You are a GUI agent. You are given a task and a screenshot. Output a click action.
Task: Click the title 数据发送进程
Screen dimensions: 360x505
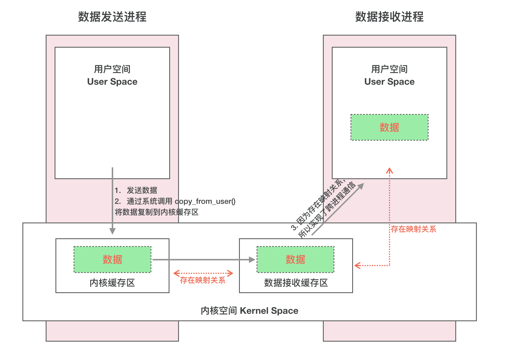point(112,17)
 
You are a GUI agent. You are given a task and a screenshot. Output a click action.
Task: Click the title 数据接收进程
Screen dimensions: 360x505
point(389,17)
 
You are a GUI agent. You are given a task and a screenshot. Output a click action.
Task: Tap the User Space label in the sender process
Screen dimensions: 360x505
point(112,82)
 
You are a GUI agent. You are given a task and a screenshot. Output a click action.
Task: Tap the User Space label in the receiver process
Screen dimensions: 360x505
point(389,82)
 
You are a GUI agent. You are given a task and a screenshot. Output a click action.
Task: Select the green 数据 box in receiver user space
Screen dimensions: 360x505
point(389,127)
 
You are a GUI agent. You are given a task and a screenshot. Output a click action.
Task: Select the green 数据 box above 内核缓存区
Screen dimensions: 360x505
point(112,260)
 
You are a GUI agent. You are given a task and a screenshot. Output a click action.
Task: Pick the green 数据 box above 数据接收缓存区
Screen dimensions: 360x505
point(295,260)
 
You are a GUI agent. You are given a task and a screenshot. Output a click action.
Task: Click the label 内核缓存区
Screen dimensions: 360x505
point(112,283)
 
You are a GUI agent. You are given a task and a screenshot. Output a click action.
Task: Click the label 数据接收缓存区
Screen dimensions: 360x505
point(296,283)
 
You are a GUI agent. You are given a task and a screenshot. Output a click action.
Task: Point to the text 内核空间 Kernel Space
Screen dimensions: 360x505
point(249,311)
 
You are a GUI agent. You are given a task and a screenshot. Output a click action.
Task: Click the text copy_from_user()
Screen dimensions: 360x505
point(205,201)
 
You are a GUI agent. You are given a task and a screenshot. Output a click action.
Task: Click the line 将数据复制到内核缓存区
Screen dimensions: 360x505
point(157,212)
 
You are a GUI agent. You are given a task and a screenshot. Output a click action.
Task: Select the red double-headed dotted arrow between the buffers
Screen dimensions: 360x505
point(203,273)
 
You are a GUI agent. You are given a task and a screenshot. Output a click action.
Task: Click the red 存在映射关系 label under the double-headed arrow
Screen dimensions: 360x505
point(203,280)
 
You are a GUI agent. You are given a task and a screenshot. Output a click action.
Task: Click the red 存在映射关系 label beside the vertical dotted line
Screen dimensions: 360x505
point(413,229)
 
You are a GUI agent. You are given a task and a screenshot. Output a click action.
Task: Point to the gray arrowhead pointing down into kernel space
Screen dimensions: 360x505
point(113,231)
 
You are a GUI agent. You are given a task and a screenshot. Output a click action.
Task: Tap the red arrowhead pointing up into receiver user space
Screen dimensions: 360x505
point(390,171)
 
